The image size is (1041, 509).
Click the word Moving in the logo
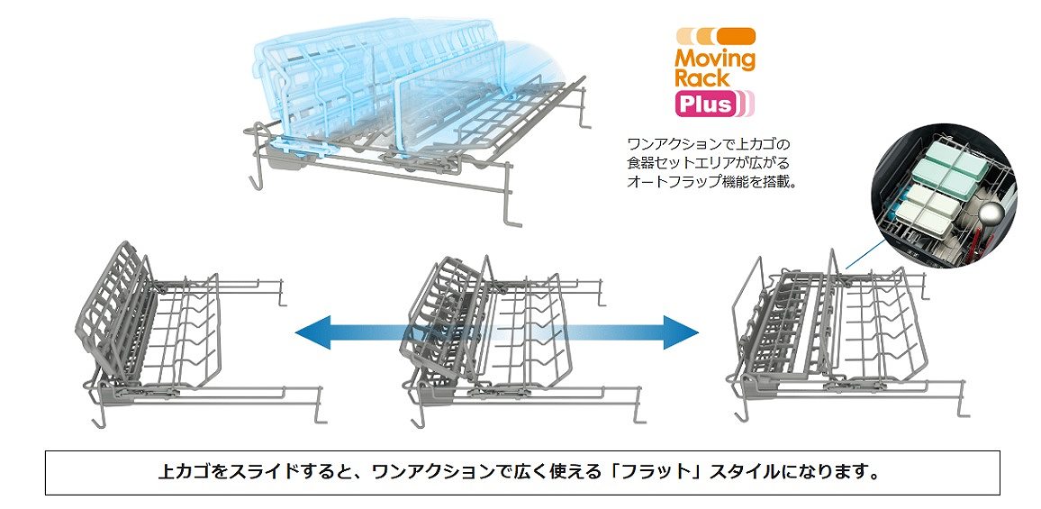pyautogui.click(x=715, y=59)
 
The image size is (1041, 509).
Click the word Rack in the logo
pyautogui.click(x=702, y=77)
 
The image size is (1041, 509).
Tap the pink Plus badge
pyautogui.click(x=706, y=104)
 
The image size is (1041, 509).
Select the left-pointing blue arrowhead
pyautogui.click(x=312, y=333)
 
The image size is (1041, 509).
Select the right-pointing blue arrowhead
pyautogui.click(x=681, y=332)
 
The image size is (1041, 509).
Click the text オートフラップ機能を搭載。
pyautogui.click(x=711, y=181)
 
